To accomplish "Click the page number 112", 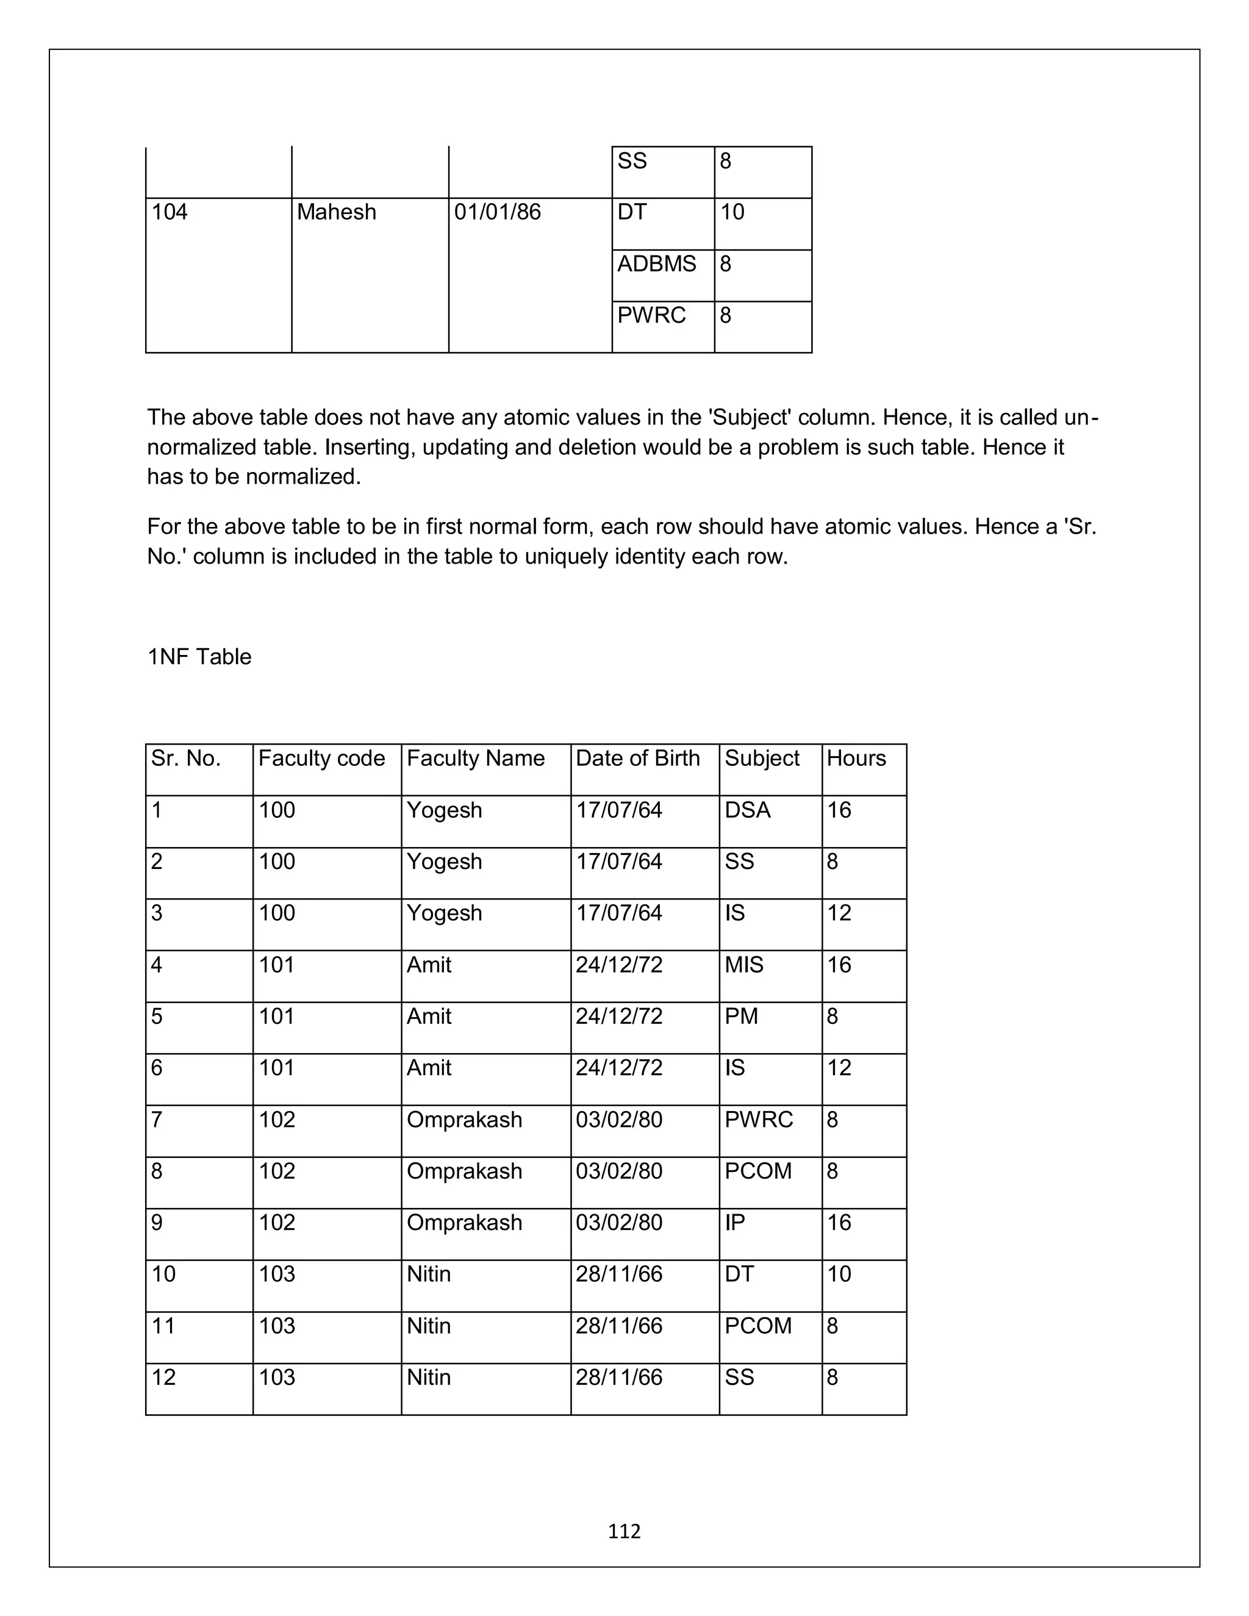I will click(x=624, y=1531).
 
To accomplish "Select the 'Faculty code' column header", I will click(x=321, y=759).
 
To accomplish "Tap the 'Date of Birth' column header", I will click(x=637, y=759).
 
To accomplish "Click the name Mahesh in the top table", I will click(x=336, y=212).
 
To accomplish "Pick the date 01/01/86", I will click(x=497, y=212).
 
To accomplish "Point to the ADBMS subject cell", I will click(x=656, y=264).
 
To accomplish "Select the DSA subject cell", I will click(x=747, y=810).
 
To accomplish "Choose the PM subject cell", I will click(x=742, y=1017).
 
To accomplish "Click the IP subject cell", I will click(x=735, y=1222).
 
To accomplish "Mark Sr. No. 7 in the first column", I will click(x=157, y=1120).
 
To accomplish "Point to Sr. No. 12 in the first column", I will click(x=163, y=1377).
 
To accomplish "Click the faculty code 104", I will click(x=170, y=212).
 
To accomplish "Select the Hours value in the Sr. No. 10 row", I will click(x=839, y=1274).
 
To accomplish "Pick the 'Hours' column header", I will click(x=856, y=759).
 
